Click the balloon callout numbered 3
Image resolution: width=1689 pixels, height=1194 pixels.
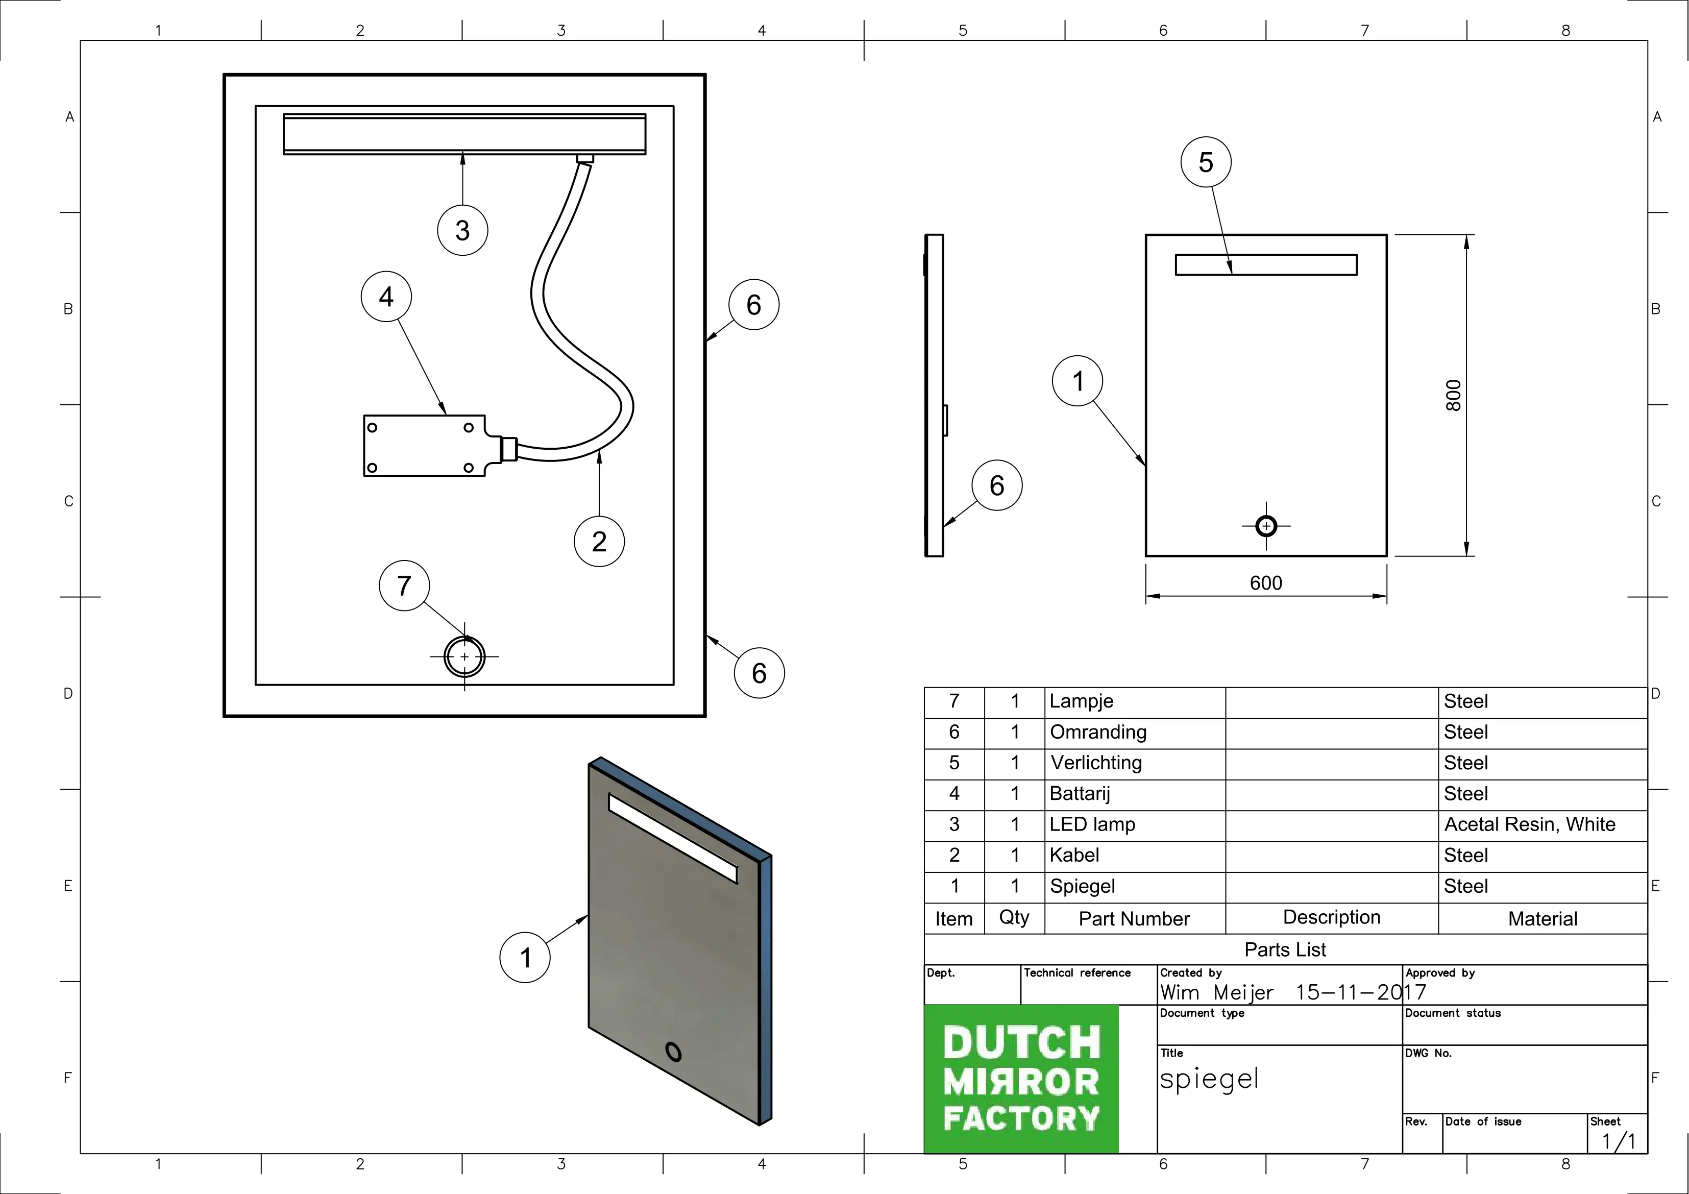(x=463, y=230)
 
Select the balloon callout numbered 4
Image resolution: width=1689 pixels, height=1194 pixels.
(x=386, y=297)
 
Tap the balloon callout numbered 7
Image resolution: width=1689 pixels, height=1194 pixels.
(x=404, y=586)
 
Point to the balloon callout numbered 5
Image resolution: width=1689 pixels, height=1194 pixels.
(x=1206, y=162)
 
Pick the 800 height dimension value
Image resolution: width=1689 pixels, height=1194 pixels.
(x=1454, y=395)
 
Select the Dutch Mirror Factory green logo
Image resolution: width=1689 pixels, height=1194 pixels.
(x=1021, y=1079)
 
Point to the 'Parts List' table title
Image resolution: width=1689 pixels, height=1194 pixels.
(x=1285, y=950)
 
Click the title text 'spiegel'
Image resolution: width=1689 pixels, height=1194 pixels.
(x=1209, y=1079)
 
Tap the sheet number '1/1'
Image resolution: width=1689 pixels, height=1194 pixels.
(x=1619, y=1141)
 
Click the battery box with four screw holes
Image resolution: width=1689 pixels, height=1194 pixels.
(x=425, y=446)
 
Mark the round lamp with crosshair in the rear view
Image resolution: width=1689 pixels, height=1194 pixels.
(x=464, y=656)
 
